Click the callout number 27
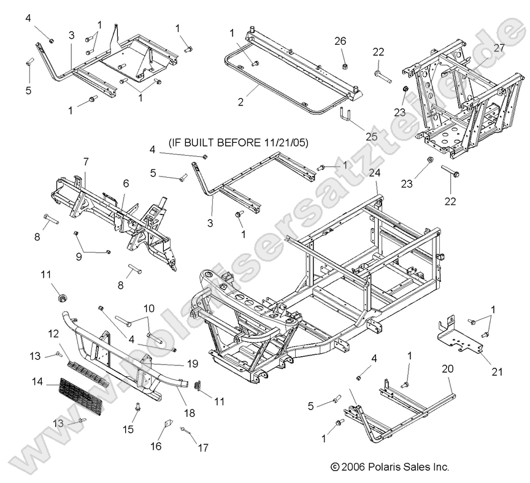click(499, 47)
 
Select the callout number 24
click(374, 173)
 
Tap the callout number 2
click(240, 102)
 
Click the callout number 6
click(126, 183)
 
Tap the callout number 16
click(156, 446)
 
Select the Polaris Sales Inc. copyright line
click(390, 467)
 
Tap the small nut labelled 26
click(345, 66)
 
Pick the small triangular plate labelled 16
click(166, 425)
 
